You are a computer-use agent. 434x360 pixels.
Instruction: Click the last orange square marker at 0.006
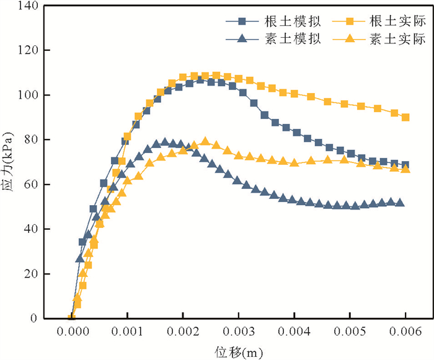point(405,117)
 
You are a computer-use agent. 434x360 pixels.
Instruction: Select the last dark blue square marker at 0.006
point(405,165)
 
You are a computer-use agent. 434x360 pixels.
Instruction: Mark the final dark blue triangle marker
point(400,203)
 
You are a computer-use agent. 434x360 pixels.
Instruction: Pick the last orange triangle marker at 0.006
point(405,169)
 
